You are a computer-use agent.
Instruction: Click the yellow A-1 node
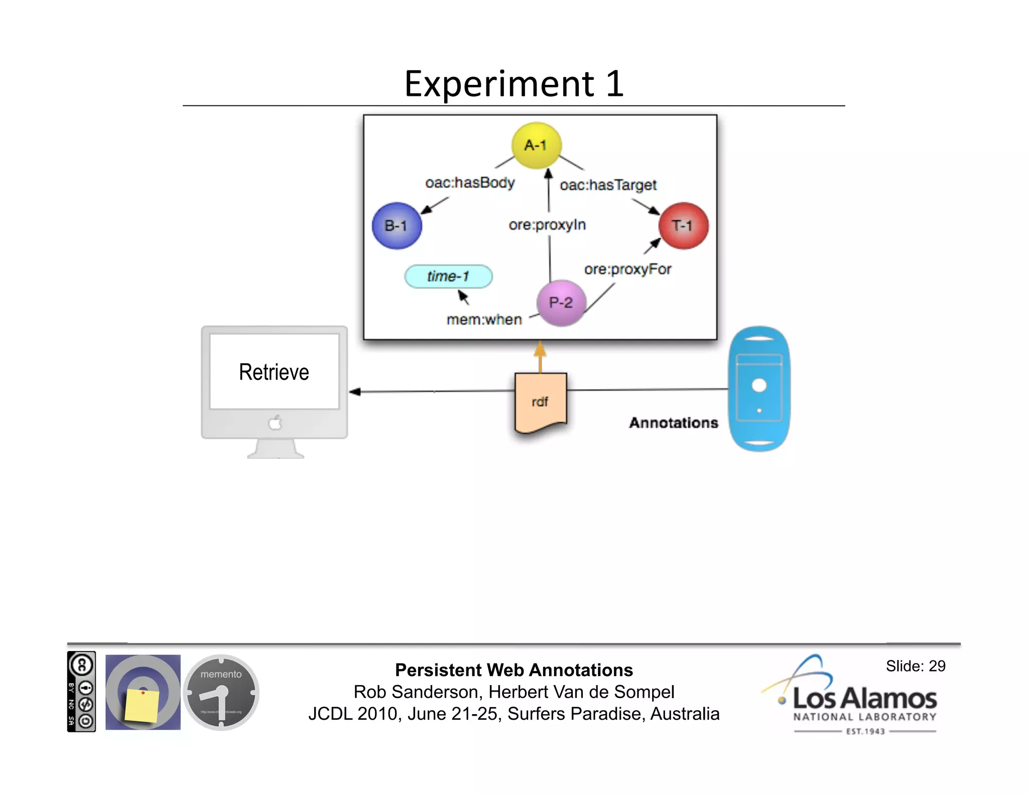(x=536, y=145)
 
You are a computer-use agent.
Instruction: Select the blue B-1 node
(x=397, y=226)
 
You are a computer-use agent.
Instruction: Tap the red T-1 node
(x=683, y=226)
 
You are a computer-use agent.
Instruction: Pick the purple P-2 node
(x=561, y=303)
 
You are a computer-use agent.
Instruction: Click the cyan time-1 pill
(x=448, y=277)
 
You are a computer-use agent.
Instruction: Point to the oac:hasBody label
(x=470, y=183)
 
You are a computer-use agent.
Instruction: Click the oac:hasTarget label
(x=608, y=185)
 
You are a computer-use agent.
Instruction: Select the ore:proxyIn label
(x=547, y=225)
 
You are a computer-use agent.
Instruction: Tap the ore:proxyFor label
(x=627, y=270)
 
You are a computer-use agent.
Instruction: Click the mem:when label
(x=484, y=320)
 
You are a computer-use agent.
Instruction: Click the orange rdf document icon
(x=541, y=402)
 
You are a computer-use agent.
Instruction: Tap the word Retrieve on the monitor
(x=274, y=372)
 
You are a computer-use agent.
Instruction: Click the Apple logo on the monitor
(x=275, y=423)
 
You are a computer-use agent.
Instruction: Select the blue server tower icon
(x=759, y=389)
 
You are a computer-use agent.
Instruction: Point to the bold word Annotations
(x=674, y=423)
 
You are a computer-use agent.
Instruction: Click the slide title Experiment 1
(x=514, y=84)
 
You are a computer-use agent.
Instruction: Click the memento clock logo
(x=221, y=692)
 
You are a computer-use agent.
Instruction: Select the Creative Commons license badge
(x=81, y=692)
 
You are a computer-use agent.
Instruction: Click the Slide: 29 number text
(x=915, y=666)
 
